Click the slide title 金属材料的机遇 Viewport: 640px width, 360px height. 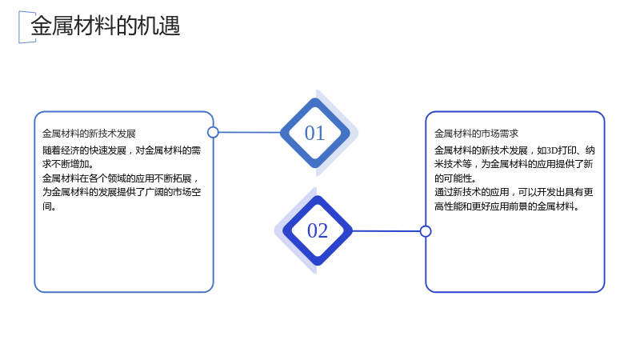(106, 26)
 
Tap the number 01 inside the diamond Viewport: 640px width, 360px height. (314, 133)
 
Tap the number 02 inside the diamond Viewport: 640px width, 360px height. (318, 230)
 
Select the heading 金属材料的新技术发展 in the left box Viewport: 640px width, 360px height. (89, 134)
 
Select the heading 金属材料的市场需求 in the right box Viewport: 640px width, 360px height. (476, 134)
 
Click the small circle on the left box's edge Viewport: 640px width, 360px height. (213, 132)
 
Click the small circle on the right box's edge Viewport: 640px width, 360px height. (426, 231)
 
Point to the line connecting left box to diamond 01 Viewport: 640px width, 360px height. (250, 132)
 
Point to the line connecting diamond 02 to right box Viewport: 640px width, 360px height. (386, 231)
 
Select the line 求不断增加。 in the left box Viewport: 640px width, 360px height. (68, 164)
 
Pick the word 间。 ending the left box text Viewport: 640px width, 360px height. (49, 206)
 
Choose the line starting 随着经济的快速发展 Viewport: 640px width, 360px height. (122, 150)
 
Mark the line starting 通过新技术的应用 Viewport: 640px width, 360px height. (514, 192)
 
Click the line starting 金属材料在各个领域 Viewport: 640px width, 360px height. (121, 178)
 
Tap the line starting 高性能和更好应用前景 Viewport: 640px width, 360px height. (506, 206)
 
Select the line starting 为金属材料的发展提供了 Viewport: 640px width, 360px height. (122, 192)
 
